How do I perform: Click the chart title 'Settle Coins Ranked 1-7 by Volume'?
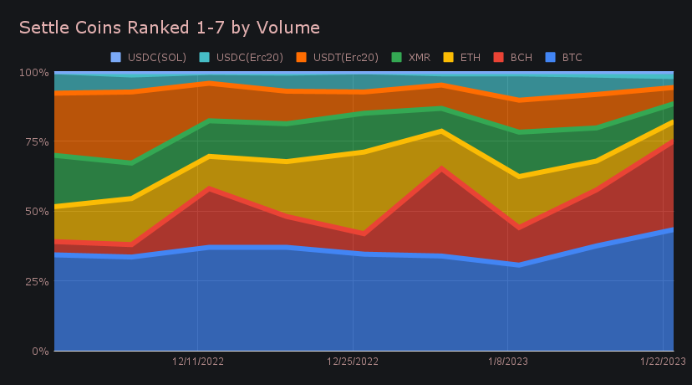tap(170, 28)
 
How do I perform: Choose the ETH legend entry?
tap(463, 58)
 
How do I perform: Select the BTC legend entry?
tap(565, 58)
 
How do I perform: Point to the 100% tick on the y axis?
tap(33, 72)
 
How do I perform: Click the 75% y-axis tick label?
tap(36, 141)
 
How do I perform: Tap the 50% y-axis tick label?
tap(36, 212)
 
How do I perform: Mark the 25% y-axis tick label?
tap(36, 281)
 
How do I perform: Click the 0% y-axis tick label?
tap(39, 351)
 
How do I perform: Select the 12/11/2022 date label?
tap(198, 362)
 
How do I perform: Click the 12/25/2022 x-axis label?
tap(353, 362)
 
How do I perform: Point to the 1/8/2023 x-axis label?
tap(507, 362)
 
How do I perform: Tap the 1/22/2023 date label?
tap(662, 362)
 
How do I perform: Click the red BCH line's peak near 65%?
tap(442, 168)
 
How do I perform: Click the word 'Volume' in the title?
tap(292, 28)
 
